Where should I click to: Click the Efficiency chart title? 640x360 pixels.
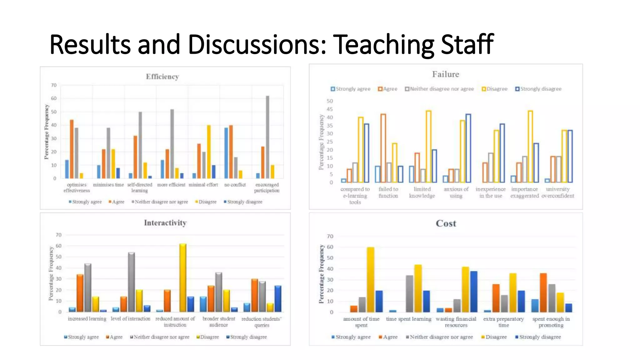click(x=162, y=77)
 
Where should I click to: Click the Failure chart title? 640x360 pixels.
click(x=446, y=74)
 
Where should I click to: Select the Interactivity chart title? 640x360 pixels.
click(x=165, y=223)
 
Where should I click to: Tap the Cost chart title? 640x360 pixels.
click(x=446, y=223)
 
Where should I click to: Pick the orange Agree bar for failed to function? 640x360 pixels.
click(x=383, y=148)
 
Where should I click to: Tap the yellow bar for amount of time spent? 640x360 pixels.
click(x=371, y=279)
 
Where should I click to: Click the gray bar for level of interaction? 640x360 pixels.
click(x=131, y=282)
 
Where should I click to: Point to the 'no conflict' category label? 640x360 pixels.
click(x=235, y=185)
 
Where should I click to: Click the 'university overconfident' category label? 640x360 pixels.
click(x=558, y=192)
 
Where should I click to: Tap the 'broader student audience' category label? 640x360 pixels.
click(x=219, y=322)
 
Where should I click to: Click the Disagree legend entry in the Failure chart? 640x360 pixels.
click(x=495, y=89)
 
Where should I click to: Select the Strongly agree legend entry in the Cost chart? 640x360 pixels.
click(x=351, y=337)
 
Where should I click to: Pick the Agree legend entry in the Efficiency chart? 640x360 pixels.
click(x=117, y=202)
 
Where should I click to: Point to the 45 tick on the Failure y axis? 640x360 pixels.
click(x=330, y=109)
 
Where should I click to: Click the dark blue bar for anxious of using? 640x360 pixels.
click(x=468, y=148)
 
